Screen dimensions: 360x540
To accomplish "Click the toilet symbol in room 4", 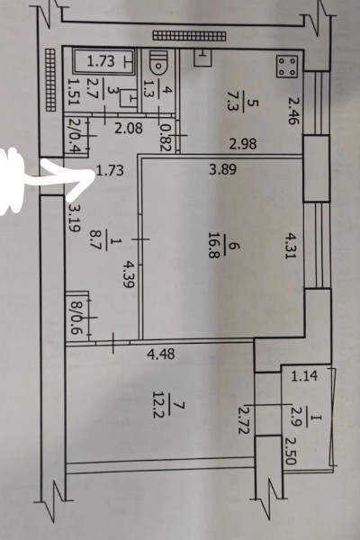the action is point(158,63).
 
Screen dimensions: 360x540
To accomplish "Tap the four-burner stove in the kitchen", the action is point(287,67).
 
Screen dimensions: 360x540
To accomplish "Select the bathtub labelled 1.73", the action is point(104,61).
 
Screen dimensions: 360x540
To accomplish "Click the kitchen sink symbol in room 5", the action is point(203,58).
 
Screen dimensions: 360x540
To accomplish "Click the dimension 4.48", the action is point(161,354).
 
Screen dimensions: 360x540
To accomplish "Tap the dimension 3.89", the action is point(223,169).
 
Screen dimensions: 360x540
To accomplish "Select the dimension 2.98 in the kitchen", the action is point(243,143).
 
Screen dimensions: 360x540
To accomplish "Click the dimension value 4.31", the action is point(290,246).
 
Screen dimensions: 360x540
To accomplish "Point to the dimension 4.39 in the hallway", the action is point(128,274).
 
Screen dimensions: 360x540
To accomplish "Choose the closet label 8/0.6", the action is point(75,319).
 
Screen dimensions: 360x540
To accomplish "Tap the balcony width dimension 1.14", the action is point(304,375).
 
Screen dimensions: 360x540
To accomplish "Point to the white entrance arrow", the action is point(44,179).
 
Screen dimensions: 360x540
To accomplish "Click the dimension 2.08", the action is point(129,129).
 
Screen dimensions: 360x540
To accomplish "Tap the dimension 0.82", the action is point(166,138).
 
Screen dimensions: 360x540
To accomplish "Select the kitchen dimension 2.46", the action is point(293,111).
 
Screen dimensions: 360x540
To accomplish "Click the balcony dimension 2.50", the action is point(290,451).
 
